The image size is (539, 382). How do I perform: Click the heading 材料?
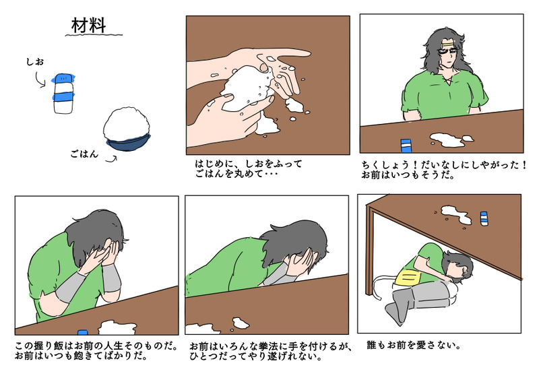point(89,26)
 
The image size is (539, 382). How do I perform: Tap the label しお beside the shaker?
point(36,62)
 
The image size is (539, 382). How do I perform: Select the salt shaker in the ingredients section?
point(63,94)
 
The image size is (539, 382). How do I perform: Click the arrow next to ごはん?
point(111,160)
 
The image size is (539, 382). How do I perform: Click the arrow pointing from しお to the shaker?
point(40,79)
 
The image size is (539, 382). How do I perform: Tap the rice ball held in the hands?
point(245,88)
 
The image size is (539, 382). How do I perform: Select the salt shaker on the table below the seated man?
point(406,146)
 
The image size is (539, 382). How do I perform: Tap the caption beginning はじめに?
point(248,168)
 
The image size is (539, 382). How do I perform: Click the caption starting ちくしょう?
point(443,170)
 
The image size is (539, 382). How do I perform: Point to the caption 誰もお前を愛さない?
point(414,345)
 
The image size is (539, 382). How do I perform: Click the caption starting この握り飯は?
point(96,350)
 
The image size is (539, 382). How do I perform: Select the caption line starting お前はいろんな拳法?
point(270,346)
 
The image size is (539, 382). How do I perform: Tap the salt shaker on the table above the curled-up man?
point(484,219)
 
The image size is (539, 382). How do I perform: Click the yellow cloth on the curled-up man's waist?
point(408,278)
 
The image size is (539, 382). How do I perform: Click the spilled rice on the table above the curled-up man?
point(455,214)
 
